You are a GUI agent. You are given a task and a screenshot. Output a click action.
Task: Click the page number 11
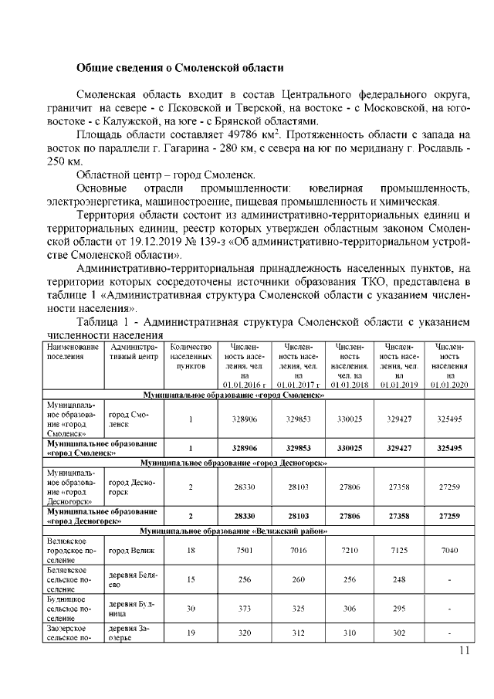pos(464,650)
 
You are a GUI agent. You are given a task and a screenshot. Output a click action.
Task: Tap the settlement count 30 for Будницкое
pos(190,608)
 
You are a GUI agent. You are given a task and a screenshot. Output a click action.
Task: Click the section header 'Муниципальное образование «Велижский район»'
pos(233,532)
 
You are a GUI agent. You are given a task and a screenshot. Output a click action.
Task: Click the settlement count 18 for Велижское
pos(190,550)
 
